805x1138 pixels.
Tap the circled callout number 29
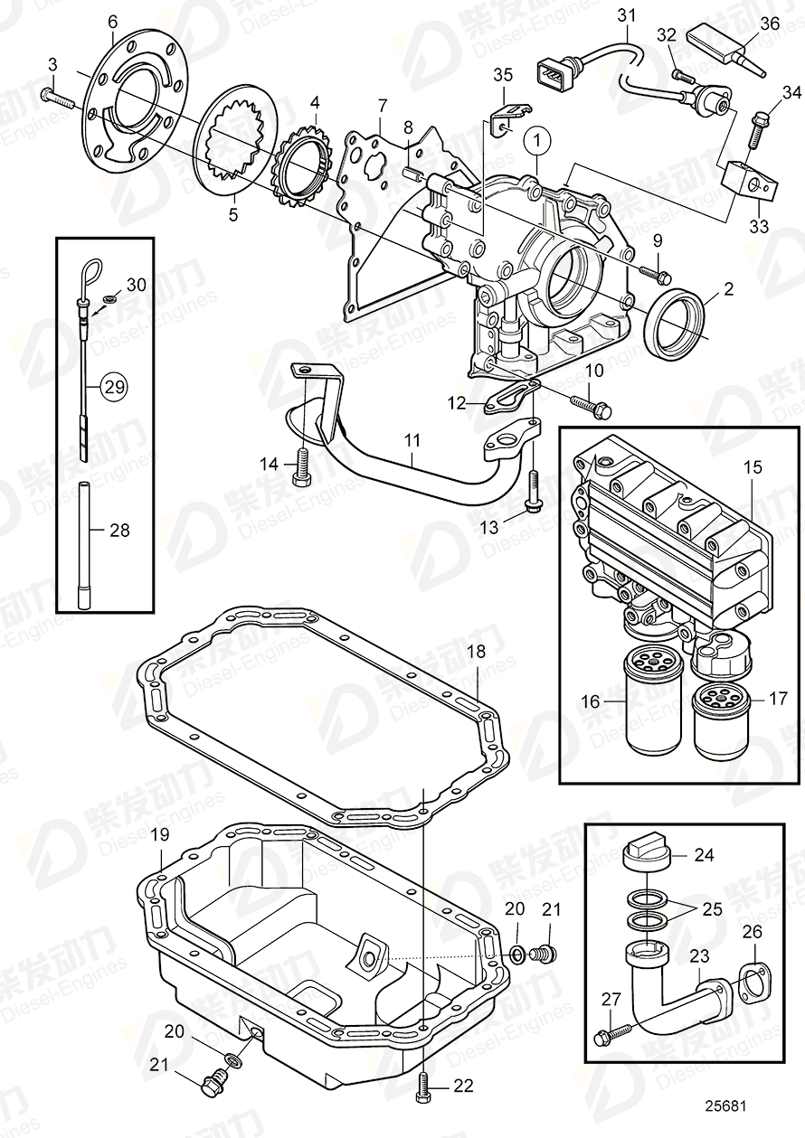point(113,387)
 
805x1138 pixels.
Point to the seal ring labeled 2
point(675,320)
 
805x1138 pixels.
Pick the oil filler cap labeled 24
point(645,853)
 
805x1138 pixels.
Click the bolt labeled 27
point(611,1030)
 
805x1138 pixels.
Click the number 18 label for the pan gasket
point(476,652)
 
